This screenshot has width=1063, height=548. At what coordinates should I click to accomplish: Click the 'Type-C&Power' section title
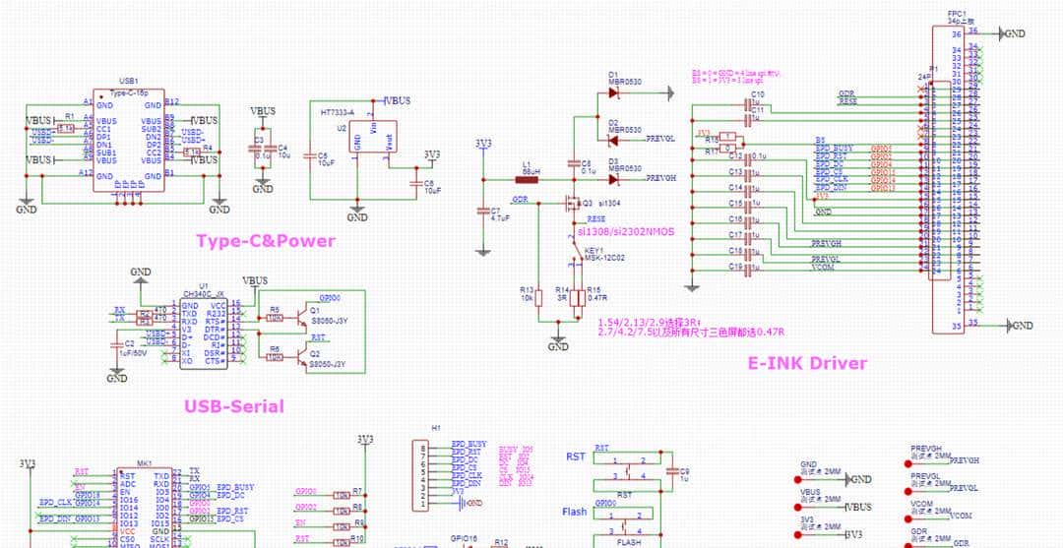coord(265,241)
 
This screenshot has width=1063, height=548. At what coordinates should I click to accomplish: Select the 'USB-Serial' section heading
coord(233,406)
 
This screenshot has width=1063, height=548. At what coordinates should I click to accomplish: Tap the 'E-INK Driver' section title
coord(808,363)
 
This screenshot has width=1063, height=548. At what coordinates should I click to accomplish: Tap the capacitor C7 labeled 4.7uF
coord(482,211)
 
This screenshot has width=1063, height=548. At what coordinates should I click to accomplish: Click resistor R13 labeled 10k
coord(538,299)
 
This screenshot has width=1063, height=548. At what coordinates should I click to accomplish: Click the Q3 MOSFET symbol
coord(570,206)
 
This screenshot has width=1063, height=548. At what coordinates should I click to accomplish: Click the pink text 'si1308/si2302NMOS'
coord(625,232)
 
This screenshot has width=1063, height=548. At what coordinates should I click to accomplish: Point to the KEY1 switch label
coord(594,251)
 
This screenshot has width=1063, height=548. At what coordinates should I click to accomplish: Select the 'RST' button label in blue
coord(576,457)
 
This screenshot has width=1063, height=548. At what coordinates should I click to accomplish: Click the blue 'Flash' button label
coord(575,512)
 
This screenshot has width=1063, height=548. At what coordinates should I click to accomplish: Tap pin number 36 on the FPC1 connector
coord(956,33)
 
